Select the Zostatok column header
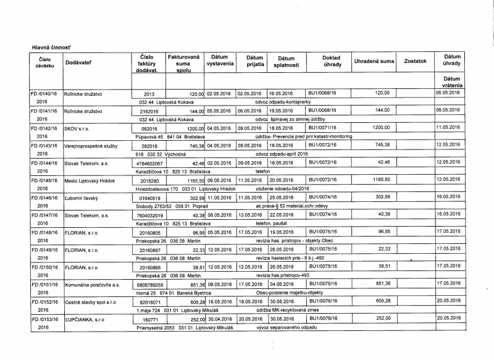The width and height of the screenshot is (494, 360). pos(415,61)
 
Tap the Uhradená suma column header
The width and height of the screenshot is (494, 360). pos(374,61)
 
